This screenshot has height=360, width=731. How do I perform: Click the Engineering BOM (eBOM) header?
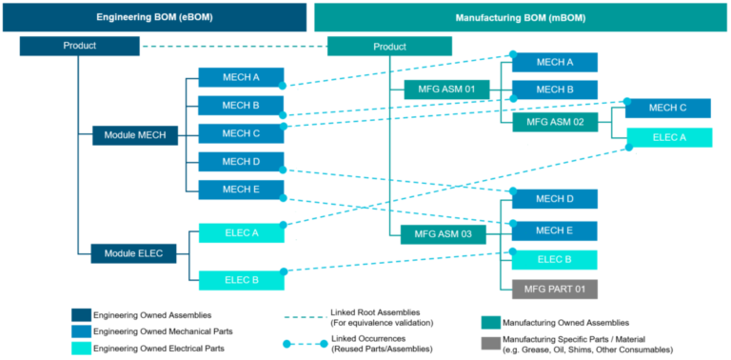coord(153,17)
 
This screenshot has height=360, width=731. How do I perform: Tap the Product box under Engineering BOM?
coord(79,46)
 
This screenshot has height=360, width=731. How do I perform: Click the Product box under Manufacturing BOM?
coord(389,47)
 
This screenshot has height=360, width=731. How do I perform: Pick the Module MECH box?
coord(134,136)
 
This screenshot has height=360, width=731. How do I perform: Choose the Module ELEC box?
coord(134,253)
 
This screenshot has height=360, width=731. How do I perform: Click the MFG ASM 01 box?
coord(446,90)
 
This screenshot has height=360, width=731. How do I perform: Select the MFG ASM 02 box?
coord(555,122)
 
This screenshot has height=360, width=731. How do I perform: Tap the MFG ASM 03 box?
coord(444,234)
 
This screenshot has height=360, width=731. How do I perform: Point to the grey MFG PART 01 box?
coord(554,288)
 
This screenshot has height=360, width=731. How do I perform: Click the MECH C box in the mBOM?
coord(667,108)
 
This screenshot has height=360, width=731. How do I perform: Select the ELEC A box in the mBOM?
coord(667,137)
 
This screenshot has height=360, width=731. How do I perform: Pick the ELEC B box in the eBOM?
coord(241,280)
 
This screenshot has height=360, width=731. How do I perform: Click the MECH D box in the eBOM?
coord(241,162)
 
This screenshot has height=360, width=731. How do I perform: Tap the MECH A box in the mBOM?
coord(554,62)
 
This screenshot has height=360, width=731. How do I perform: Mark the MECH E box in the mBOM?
coord(554,230)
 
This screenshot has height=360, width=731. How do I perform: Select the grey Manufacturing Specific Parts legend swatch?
coord(491,341)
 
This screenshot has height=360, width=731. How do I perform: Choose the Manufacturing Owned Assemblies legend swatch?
coord(491,322)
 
